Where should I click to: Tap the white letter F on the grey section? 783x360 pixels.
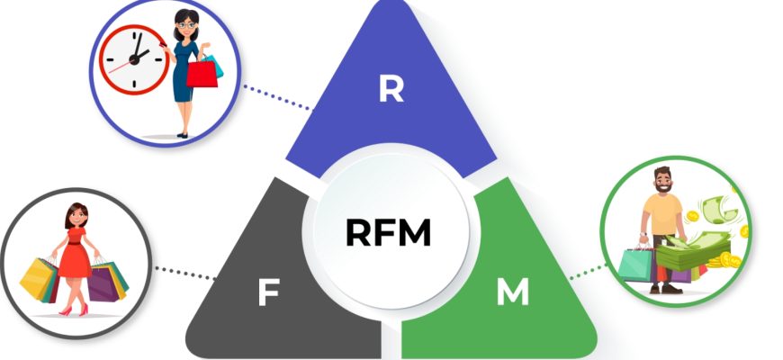pos(266,293)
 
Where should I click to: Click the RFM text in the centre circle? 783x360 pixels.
pos(389,232)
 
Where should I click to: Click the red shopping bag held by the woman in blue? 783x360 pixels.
pos(203,71)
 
